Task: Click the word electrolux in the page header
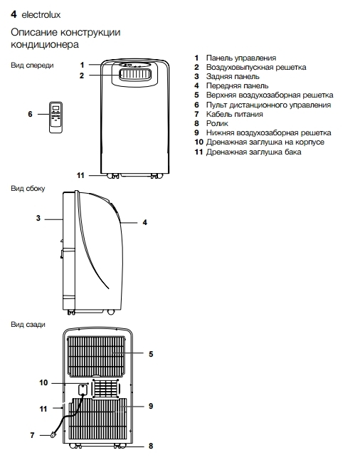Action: click(x=41, y=15)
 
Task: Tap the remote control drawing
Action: click(x=55, y=117)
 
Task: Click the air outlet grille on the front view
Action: click(x=135, y=74)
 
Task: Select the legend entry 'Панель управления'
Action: click(x=241, y=58)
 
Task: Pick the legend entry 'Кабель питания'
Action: click(x=235, y=114)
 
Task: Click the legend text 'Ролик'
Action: click(x=217, y=123)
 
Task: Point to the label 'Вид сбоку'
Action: click(x=28, y=189)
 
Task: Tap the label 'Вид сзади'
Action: click(x=28, y=325)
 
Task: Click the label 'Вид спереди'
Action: click(x=32, y=66)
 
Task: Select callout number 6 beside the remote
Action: click(x=31, y=114)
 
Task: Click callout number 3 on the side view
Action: click(x=38, y=218)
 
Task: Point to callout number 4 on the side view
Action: click(x=145, y=222)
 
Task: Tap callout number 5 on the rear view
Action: click(x=151, y=354)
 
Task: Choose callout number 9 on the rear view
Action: click(x=151, y=406)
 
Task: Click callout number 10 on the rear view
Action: click(x=43, y=382)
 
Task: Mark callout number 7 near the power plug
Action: click(x=32, y=435)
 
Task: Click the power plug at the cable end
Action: click(x=53, y=434)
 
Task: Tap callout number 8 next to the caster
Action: click(x=151, y=446)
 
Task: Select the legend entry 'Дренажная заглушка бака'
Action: click(x=254, y=152)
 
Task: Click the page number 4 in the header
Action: click(x=14, y=14)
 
